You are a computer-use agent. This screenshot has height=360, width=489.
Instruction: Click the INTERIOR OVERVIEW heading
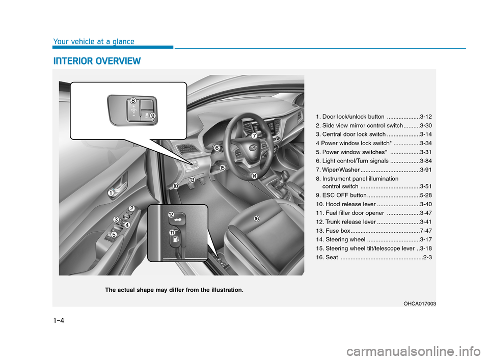pos(96,62)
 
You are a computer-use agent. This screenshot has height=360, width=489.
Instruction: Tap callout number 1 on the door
pos(111,193)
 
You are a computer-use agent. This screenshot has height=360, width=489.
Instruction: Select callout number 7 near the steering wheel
pos(253,136)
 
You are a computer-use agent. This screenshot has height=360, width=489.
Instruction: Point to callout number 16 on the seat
pos(257,218)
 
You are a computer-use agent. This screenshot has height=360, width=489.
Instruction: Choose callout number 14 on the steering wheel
pos(254,175)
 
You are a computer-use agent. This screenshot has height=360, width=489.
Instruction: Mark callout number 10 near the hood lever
pos(175,187)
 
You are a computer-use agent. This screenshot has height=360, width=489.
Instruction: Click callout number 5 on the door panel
pos(114,235)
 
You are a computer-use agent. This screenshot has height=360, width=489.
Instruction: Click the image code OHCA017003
pos(418,303)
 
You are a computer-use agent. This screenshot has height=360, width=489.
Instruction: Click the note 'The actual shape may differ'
pos(174,290)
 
